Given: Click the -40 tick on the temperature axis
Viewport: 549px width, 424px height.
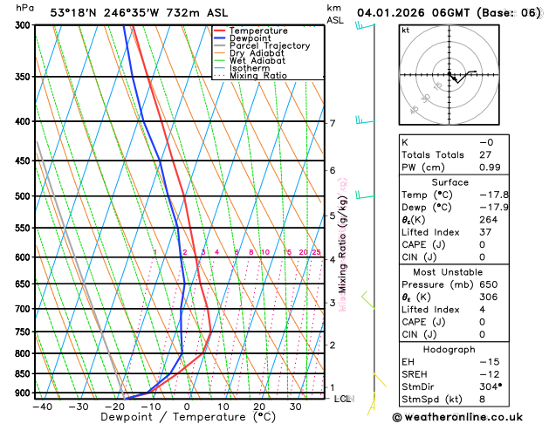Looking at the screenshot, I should (x=42, y=407).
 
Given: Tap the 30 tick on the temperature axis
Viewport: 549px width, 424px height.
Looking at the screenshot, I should (x=295, y=407).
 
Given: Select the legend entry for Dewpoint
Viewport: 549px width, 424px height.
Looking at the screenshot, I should (x=250, y=38).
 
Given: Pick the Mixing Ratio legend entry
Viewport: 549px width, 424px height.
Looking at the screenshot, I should (x=257, y=76).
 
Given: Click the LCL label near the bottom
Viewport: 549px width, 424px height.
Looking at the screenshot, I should (x=343, y=399).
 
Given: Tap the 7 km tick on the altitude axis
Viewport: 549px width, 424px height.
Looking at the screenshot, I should (x=332, y=123).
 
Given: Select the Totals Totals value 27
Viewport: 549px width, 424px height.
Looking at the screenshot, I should (x=486, y=154).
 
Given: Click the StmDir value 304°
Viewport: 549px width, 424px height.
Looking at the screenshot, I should (x=491, y=386).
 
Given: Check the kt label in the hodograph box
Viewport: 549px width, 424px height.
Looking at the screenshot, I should (x=406, y=30).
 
